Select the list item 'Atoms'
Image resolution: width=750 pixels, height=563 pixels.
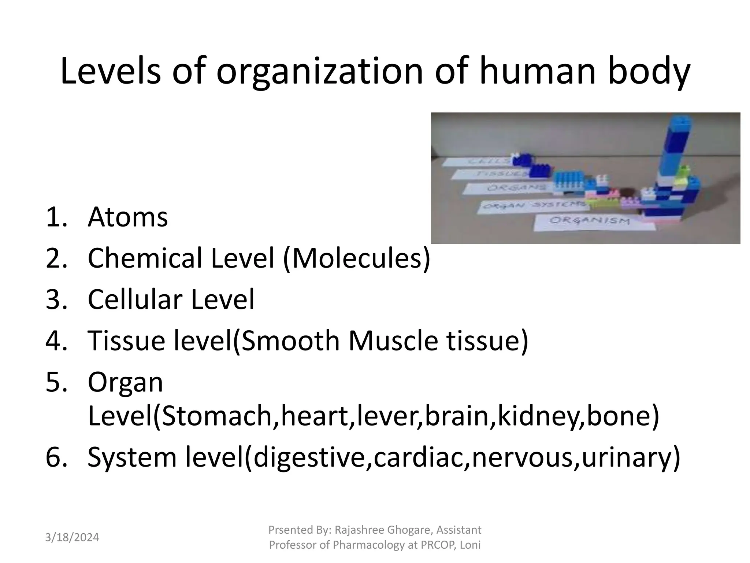tap(127, 217)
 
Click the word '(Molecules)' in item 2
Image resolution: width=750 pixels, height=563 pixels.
tap(357, 258)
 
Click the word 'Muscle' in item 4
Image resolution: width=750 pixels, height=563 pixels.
tap(393, 341)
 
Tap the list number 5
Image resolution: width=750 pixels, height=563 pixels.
tap(56, 382)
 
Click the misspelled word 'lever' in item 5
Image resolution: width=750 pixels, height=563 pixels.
tap(389, 416)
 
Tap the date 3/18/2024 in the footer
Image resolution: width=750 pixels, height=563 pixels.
tap(72, 538)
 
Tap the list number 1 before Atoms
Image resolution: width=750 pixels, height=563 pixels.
tap(56, 217)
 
